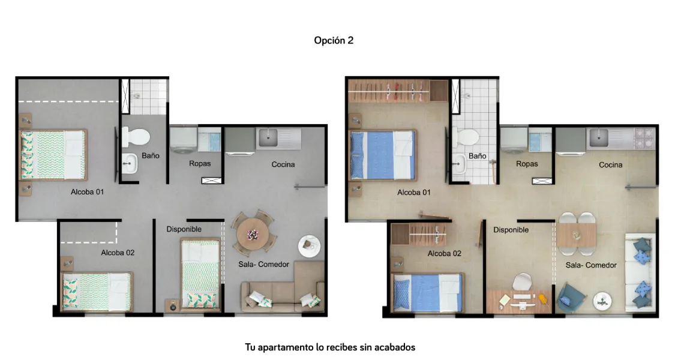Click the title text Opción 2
point(334,41)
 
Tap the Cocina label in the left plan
point(283,164)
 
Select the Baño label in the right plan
point(478,155)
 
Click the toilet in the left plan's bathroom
point(136,137)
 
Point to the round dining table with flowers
point(253,234)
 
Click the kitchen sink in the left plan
point(268,137)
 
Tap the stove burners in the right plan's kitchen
point(644,138)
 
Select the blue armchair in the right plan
point(571,297)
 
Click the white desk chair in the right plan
point(522,282)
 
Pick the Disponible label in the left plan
point(184,229)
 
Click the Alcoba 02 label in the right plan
point(444,254)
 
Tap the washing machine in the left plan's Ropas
point(184,140)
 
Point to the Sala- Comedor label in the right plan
point(590,265)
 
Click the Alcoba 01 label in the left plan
point(88,192)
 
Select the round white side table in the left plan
point(309,246)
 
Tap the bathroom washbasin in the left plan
point(129,163)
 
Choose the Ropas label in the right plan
point(527,164)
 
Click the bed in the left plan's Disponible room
point(200,274)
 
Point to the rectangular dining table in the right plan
point(577,235)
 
